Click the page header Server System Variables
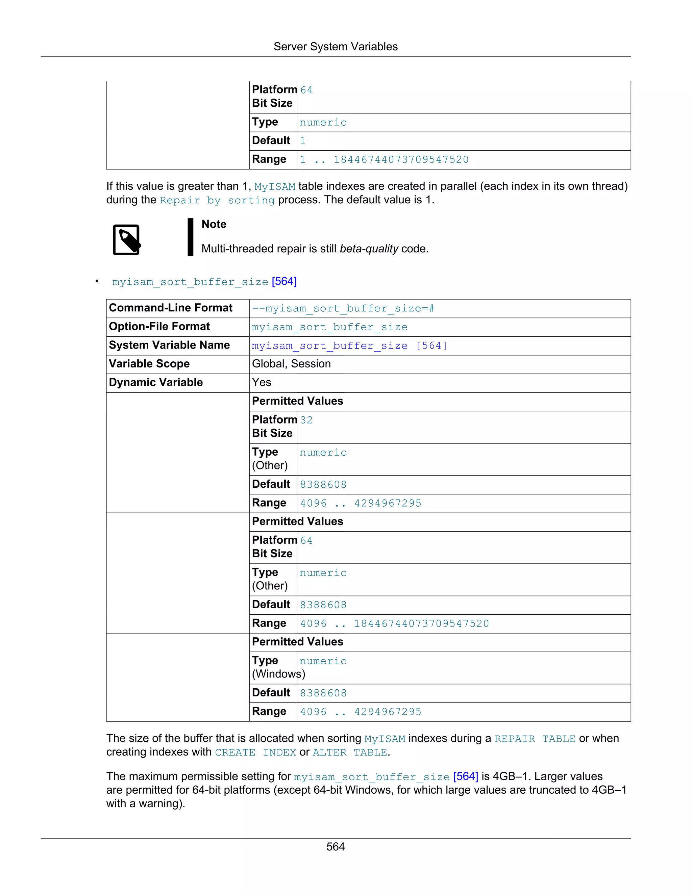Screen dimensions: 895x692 point(335,47)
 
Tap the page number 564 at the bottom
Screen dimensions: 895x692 point(335,846)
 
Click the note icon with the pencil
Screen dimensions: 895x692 point(127,240)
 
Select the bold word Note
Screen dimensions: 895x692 point(214,224)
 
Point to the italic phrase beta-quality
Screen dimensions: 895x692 point(369,249)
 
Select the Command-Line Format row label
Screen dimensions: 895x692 point(171,308)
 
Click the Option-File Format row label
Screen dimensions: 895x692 point(159,327)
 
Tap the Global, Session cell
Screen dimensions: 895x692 point(291,364)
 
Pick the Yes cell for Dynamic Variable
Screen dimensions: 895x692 point(262,382)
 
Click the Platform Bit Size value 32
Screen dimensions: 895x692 point(306,420)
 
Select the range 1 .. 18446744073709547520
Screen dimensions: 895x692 point(384,159)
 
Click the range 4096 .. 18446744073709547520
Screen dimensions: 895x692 point(394,623)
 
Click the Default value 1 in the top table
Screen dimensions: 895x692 point(302,141)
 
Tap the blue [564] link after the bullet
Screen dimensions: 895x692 point(284,282)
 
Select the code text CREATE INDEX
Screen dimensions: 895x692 point(255,753)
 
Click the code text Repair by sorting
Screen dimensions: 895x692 point(217,200)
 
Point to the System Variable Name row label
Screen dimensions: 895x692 point(169,346)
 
